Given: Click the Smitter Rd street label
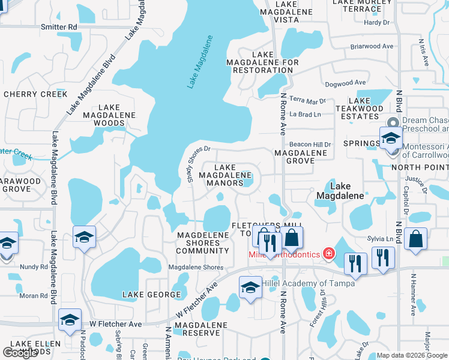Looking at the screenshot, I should click(x=59, y=27).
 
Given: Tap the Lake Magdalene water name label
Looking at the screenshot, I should click(x=200, y=62).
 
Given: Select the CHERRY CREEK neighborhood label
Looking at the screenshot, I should click(x=35, y=94).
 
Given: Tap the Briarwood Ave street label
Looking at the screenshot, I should click(x=372, y=46).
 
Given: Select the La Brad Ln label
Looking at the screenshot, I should click(x=305, y=114).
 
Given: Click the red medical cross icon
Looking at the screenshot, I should click(x=328, y=254).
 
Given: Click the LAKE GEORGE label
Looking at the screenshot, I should click(x=151, y=295).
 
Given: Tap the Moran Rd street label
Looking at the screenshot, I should click(x=33, y=296).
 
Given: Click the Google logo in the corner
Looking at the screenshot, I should click(x=20, y=352).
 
